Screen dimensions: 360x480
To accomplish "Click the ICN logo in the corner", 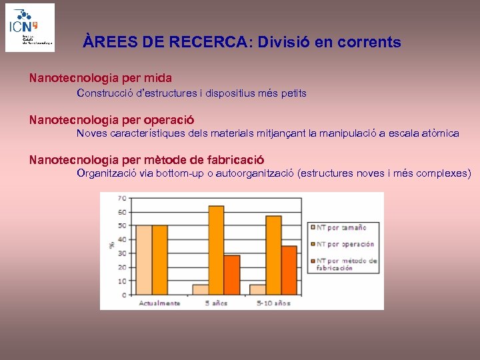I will (30, 27).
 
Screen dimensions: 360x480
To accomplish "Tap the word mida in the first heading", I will (157, 78).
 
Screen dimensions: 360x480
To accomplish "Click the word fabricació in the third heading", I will (235, 160).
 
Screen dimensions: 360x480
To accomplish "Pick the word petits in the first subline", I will (293, 93).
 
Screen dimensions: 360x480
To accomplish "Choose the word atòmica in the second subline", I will (441, 133).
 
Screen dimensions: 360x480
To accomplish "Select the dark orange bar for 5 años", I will (231, 275).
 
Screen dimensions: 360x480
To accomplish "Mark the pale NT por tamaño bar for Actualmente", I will (143, 260).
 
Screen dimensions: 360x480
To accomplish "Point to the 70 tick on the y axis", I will (122, 198).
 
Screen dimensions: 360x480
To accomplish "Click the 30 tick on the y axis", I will (122, 253).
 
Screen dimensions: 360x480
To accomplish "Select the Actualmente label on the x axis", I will (159, 303).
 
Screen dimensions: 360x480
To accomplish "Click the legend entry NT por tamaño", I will (341, 227).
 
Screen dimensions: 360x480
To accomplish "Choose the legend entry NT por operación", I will (345, 244).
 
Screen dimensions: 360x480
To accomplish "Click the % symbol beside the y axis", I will (111, 245).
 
